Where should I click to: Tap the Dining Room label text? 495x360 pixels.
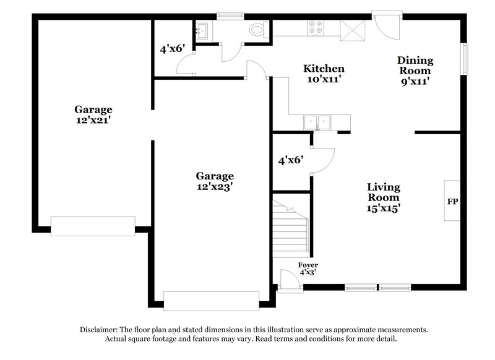point(415,61)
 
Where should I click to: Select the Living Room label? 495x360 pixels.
point(383,187)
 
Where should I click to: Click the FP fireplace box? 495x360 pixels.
point(452,202)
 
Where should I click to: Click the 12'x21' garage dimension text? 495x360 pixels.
point(94,120)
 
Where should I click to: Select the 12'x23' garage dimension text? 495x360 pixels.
point(215,186)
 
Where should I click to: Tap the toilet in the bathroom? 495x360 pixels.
point(256,29)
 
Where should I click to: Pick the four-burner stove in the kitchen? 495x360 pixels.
point(315,28)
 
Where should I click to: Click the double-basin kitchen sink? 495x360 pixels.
point(317,122)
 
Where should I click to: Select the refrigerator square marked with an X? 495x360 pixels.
point(354,28)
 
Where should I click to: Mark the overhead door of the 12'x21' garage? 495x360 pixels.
point(93,226)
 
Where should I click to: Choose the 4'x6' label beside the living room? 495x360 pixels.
point(290,160)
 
